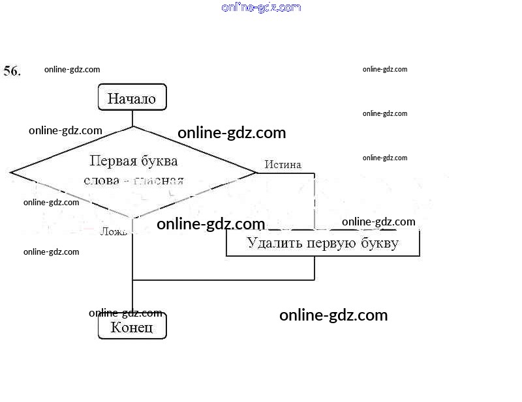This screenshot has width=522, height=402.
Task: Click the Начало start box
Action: point(132,98)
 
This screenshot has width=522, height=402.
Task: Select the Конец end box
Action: point(132,326)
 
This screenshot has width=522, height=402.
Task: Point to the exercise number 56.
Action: point(12,71)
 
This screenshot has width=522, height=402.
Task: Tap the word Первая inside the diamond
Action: point(111,160)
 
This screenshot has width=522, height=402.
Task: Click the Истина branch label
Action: point(283,165)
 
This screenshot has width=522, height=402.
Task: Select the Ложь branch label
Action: point(114,231)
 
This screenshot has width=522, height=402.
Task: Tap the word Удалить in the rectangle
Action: point(271,243)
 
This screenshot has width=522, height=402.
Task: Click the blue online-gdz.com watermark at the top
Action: point(261,7)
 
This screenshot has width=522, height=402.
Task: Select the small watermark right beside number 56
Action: point(72,69)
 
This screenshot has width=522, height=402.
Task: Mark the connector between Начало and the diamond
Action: point(132,118)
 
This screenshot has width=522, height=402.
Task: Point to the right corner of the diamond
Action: point(256,173)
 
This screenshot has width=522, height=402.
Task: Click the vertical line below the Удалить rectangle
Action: point(315,268)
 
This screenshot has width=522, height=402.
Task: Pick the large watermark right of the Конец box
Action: point(333,315)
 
